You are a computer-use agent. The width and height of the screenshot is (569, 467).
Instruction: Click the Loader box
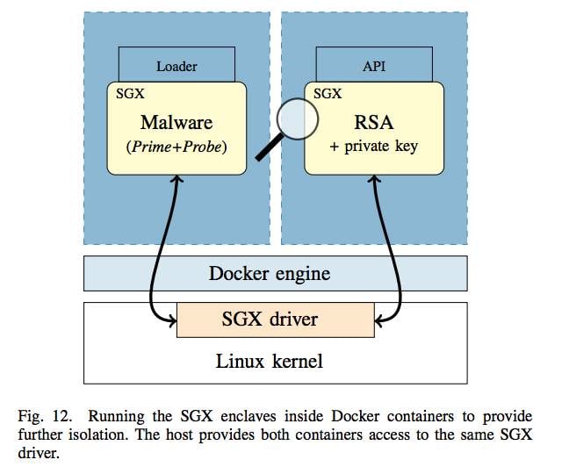pos(176,65)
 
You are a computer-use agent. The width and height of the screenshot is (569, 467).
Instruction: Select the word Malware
pos(176,121)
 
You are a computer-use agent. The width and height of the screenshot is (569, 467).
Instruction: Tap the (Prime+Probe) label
pos(176,147)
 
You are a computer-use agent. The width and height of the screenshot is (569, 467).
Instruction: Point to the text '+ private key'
pos(373,147)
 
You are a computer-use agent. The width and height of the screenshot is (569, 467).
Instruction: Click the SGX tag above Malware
pos(129,92)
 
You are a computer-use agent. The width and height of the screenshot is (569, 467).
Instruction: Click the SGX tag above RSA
pos(327,92)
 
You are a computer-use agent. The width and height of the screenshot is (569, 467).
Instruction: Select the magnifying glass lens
pos(297,119)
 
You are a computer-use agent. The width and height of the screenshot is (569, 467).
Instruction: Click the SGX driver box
pos(275,320)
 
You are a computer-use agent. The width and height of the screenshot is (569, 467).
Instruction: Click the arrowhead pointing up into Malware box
pos(176,179)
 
